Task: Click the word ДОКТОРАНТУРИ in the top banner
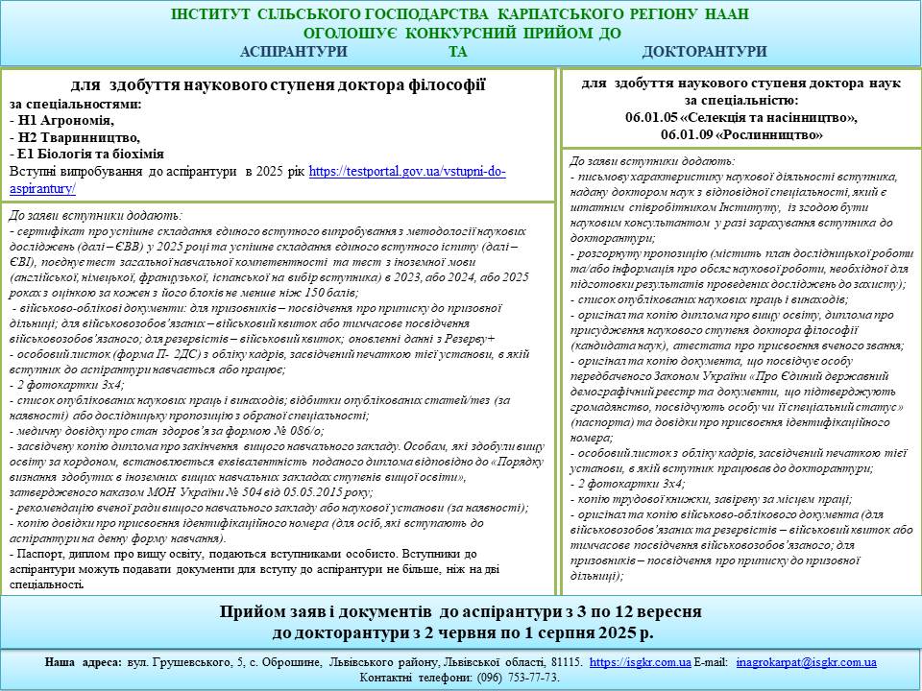pos(704,51)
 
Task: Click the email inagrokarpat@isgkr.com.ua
pos(806,662)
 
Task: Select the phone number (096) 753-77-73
pos(519,678)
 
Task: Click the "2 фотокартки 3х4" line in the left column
pos(61,383)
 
